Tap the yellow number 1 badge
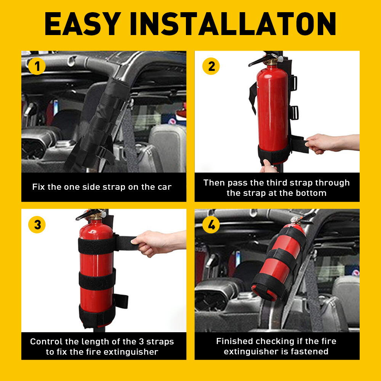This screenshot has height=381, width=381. [x=37, y=67]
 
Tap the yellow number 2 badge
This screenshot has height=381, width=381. [x=211, y=67]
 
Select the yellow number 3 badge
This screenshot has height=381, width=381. [x=37, y=225]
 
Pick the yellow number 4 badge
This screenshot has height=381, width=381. [x=211, y=225]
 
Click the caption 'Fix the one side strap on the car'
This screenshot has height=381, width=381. [x=102, y=187]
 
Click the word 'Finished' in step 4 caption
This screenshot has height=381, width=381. [x=235, y=341]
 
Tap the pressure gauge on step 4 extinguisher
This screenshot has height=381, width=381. [x=294, y=220]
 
